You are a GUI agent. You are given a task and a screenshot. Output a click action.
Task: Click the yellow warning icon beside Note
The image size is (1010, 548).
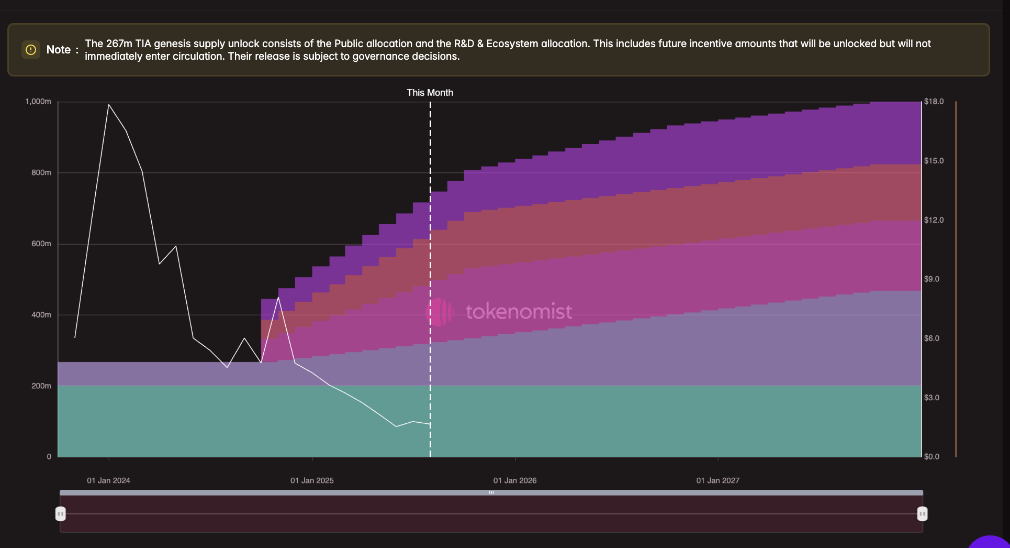click(x=31, y=50)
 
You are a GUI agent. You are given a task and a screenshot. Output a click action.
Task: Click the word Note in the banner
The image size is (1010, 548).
click(x=58, y=50)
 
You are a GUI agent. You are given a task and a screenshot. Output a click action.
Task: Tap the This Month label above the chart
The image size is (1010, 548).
click(x=430, y=93)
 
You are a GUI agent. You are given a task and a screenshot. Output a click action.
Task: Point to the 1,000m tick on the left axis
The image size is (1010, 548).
click(x=38, y=102)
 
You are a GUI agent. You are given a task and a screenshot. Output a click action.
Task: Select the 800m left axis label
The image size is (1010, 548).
click(x=41, y=173)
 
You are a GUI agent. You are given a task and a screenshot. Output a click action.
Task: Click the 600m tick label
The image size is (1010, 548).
click(x=41, y=244)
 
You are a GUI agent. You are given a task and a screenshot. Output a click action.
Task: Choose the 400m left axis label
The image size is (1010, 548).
click(x=41, y=315)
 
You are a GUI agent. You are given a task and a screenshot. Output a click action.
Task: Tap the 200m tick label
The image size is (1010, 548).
click(x=41, y=386)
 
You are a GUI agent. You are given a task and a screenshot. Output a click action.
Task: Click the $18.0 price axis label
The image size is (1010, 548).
click(x=934, y=102)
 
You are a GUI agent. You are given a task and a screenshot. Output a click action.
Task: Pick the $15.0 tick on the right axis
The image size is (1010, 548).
click(x=934, y=161)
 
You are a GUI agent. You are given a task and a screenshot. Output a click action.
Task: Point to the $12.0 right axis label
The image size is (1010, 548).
click(x=934, y=220)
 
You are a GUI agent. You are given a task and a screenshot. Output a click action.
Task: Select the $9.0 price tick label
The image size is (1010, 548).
click(x=932, y=279)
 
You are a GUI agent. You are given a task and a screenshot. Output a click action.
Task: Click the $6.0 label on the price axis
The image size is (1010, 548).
click(x=932, y=338)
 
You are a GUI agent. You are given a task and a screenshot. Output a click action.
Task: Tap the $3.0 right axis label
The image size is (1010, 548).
click(x=932, y=398)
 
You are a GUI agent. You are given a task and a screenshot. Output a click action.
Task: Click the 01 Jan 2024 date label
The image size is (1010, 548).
click(x=108, y=480)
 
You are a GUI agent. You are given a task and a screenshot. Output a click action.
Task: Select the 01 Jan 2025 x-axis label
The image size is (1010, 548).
click(x=312, y=480)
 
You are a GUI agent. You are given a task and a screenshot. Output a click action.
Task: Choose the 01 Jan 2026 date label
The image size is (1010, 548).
click(x=515, y=480)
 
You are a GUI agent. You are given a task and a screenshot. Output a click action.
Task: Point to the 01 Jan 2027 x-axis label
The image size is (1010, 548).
click(x=718, y=480)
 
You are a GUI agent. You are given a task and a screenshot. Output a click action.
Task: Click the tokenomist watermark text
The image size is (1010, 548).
click(x=519, y=312)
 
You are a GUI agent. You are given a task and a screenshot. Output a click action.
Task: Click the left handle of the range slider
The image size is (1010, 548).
click(x=61, y=514)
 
